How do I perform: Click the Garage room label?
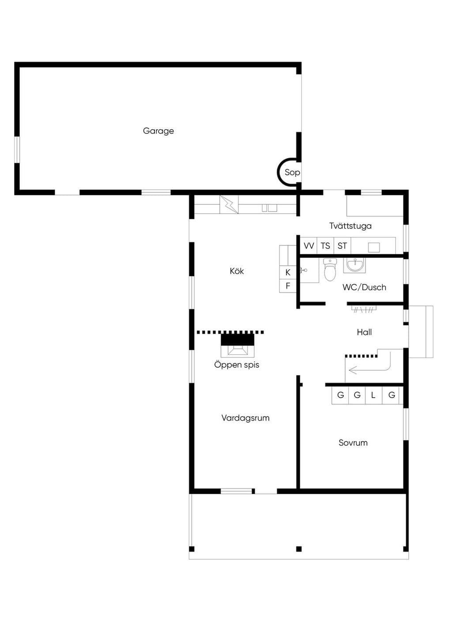158,131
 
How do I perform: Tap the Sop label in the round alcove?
292,172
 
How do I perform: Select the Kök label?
237,271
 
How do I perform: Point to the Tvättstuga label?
350,226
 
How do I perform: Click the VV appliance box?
309,245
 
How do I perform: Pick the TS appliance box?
325,245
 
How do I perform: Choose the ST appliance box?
342,245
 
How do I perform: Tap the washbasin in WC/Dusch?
355,265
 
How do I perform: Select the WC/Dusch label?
364,287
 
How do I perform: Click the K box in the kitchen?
288,272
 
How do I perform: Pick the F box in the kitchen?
288,286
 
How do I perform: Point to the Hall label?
364,332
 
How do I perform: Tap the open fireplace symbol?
237,345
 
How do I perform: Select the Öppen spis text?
237,365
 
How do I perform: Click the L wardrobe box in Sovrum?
373,395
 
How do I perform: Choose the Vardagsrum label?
245,418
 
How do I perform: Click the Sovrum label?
353,443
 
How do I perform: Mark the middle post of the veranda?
299,549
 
